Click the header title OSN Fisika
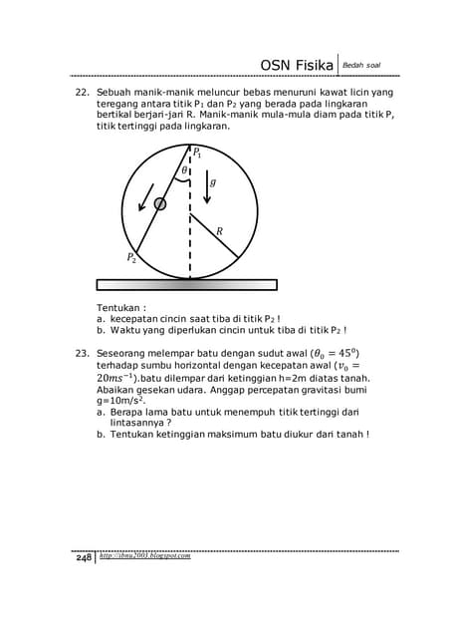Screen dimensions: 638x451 click(297, 66)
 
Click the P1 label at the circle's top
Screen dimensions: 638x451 click(198, 154)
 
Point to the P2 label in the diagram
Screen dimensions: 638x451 click(131, 257)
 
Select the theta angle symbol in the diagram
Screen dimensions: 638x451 click(183, 171)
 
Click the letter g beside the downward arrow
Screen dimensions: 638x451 click(213, 183)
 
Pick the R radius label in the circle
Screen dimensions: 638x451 click(220, 231)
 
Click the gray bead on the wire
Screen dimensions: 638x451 click(160, 203)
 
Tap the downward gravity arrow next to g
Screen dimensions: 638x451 click(206, 186)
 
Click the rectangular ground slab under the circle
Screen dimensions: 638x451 click(190, 283)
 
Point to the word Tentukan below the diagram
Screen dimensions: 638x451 click(120, 307)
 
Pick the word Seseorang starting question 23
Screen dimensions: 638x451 click(130, 352)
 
